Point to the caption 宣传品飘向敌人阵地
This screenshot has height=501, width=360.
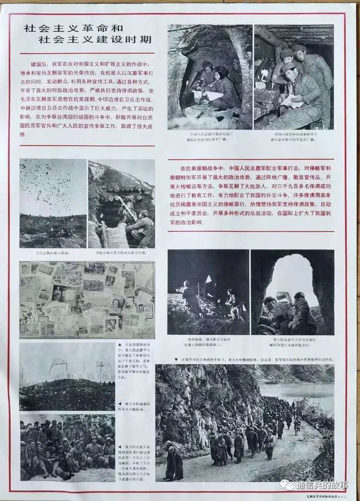(x=53, y=252)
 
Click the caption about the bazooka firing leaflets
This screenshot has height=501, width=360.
(x=121, y=252)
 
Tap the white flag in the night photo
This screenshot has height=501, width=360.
(x=208, y=279)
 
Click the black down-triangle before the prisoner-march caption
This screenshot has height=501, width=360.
(x=171, y=359)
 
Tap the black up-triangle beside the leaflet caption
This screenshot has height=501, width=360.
(x=120, y=344)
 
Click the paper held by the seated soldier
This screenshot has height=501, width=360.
(x=291, y=100)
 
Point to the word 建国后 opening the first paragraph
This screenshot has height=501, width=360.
(x=39, y=64)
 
